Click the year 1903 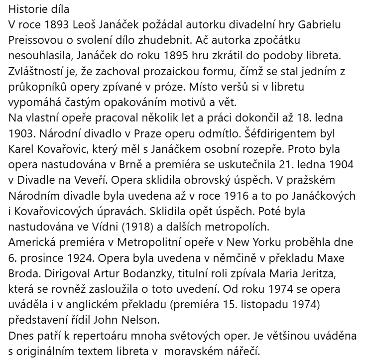[21, 134]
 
